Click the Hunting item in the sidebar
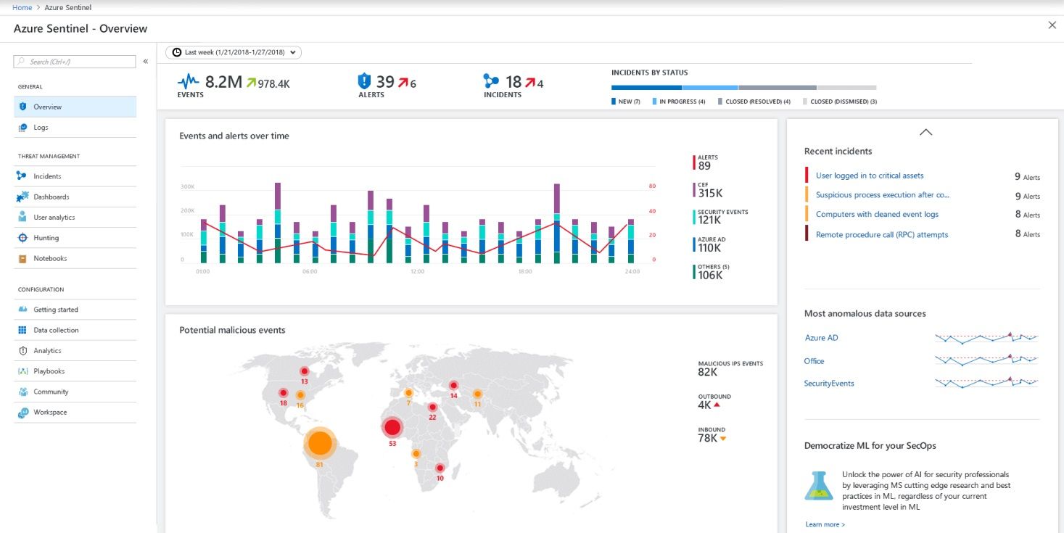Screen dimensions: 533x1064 (x=46, y=238)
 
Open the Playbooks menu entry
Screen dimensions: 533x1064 (x=49, y=371)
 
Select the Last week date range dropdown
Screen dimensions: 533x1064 (x=233, y=52)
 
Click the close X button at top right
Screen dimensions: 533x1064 (x=1052, y=25)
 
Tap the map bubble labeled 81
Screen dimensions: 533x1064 (x=319, y=442)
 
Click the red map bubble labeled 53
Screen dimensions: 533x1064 (x=392, y=427)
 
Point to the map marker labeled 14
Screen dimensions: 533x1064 (x=453, y=386)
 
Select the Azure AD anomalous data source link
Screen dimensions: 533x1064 (x=821, y=338)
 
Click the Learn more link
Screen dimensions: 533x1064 (x=825, y=524)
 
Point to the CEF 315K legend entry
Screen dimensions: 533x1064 (x=709, y=190)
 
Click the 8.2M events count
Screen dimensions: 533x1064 (x=223, y=81)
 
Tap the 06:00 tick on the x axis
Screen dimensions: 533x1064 (x=310, y=272)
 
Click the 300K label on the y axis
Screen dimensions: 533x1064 (x=187, y=187)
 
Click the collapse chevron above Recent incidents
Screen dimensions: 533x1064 (x=925, y=132)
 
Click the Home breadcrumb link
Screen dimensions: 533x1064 (x=22, y=7)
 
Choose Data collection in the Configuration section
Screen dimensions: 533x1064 (x=56, y=331)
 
